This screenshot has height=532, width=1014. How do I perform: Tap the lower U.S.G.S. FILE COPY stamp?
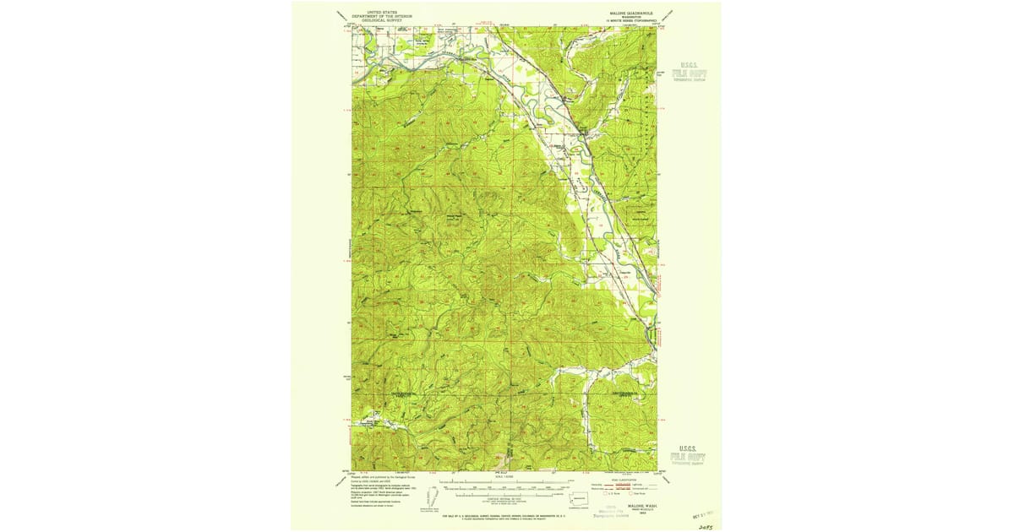coord(690,454)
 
